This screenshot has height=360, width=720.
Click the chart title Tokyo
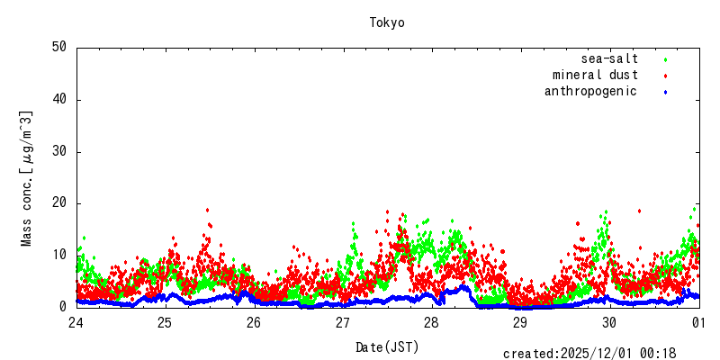coord(387,22)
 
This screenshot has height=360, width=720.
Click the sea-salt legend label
coord(610,58)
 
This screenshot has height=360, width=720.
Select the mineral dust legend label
coord(595,75)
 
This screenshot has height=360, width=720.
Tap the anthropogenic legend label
coord(590,91)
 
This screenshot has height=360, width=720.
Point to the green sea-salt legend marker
coord(665,59)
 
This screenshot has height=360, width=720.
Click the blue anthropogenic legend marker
coord(665,92)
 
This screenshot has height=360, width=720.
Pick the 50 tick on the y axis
coord(59,48)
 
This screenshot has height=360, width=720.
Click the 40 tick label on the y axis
coord(59,100)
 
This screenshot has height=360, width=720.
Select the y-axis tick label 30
coord(59,151)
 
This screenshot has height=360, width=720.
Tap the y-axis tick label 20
coord(59,203)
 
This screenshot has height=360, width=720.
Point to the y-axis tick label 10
coord(59,255)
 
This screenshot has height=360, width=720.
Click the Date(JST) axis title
coord(387,346)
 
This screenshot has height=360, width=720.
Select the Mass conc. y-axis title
coord(27,178)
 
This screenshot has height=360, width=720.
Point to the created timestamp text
coord(589,354)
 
